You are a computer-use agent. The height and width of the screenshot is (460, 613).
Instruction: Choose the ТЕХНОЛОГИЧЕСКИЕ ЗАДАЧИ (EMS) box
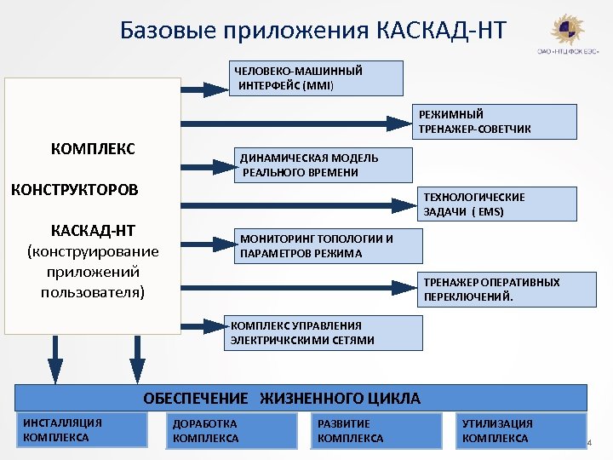click(x=499, y=204)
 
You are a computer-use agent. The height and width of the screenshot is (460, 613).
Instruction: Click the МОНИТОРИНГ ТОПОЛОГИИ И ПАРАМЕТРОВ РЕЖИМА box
click(x=327, y=246)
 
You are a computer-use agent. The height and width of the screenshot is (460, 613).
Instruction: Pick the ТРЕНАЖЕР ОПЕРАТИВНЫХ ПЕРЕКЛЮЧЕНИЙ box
click(x=499, y=289)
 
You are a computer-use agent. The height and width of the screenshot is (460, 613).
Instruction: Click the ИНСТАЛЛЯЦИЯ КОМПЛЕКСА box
click(x=82, y=430)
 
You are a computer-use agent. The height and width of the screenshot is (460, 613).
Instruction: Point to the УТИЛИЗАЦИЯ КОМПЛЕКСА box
click(x=521, y=430)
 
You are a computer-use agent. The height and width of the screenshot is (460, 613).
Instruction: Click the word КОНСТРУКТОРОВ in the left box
click(x=74, y=188)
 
